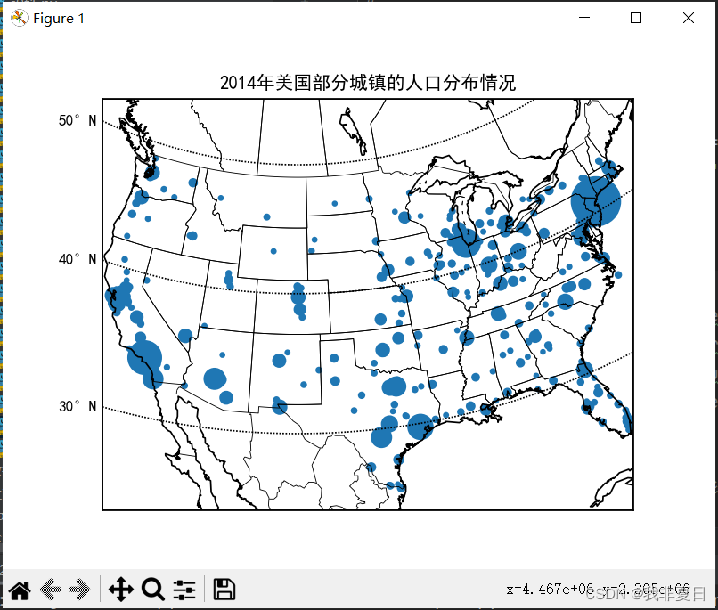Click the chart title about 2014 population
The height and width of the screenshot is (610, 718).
[x=367, y=84]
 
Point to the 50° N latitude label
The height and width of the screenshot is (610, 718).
[x=78, y=120]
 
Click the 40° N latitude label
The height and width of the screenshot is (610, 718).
[x=78, y=259]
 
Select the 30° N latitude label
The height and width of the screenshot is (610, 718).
[x=78, y=406]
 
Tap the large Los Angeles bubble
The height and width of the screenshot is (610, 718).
[x=144, y=357]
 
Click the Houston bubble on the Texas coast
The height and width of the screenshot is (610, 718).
[x=420, y=427]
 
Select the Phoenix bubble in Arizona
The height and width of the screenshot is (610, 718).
[x=215, y=378]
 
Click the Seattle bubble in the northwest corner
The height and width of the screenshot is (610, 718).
[x=151, y=172]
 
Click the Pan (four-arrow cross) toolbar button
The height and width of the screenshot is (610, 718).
[x=120, y=589]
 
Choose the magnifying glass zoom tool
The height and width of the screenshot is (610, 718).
[x=152, y=589]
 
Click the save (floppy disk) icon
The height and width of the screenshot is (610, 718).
[x=224, y=589]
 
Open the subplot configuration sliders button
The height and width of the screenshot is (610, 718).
[x=184, y=589]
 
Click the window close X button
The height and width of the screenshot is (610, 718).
[x=688, y=18]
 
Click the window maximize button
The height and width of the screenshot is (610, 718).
[x=636, y=18]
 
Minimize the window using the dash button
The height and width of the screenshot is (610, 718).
[x=584, y=18]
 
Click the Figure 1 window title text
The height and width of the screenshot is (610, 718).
[x=59, y=19]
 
